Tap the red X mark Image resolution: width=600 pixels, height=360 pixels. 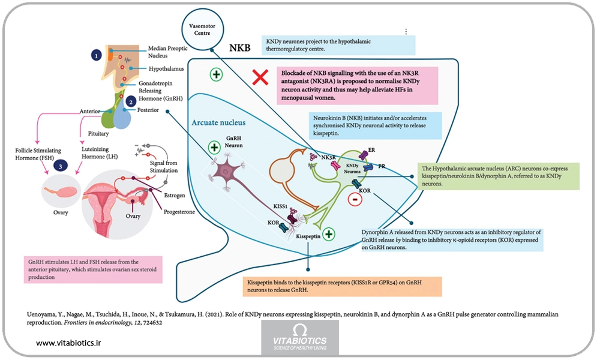[260, 77]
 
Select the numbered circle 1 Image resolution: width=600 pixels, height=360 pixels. [97, 55]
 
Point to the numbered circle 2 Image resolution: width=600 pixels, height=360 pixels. [131, 102]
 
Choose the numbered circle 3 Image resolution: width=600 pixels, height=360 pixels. [61, 166]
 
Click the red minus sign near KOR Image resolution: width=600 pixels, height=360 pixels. [355, 199]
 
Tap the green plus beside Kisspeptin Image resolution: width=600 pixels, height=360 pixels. [329, 234]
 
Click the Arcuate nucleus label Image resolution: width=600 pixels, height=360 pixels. [218, 122]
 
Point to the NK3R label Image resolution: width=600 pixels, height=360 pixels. [328, 157]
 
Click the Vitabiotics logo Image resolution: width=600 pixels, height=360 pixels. [300, 337]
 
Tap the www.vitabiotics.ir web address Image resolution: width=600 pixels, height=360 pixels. [68, 343]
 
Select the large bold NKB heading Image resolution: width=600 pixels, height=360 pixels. [240, 48]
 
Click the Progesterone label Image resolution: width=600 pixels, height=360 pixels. [179, 212]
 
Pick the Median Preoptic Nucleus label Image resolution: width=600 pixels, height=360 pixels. [167, 52]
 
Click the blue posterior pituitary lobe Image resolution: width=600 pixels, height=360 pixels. [123, 117]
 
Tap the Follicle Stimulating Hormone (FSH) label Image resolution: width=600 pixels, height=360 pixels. [38, 154]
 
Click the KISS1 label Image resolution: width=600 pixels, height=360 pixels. [280, 206]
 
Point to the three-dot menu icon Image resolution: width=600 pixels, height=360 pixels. [406, 32]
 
